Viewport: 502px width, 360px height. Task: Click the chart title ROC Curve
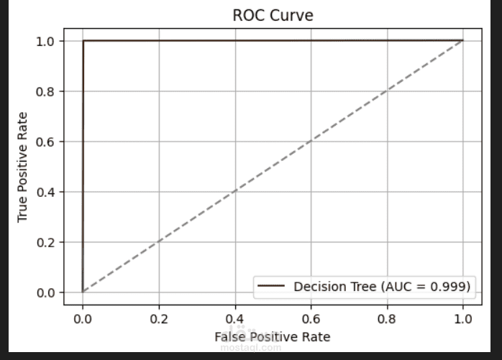273,15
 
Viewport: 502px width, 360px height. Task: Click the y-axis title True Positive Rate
23,167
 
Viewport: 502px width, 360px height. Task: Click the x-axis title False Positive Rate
273,336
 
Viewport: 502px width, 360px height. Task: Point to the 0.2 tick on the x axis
159,317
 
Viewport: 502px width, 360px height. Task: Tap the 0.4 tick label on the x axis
234,317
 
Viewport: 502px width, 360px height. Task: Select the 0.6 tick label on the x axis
311,317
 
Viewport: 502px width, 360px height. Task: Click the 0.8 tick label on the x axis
387,317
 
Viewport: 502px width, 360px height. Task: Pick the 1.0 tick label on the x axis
463,317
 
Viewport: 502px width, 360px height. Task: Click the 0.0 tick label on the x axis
83,317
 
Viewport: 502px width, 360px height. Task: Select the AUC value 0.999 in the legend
449,287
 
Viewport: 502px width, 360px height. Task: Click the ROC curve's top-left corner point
83,41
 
